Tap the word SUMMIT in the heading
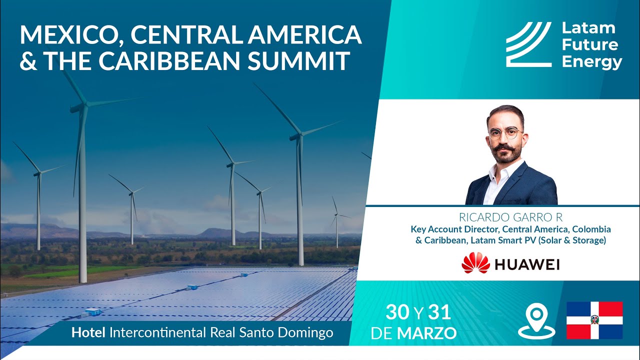click(299, 60)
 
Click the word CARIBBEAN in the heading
click(169, 60)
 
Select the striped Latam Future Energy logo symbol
click(529, 44)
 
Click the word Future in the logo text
click(589, 45)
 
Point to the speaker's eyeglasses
click(505, 133)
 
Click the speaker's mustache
click(504, 148)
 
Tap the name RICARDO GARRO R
click(510, 217)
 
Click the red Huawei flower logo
click(475, 262)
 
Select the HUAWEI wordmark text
click(527, 264)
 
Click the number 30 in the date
click(397, 312)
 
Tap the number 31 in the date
click(439, 312)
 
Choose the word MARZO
click(426, 333)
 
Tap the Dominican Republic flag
click(594, 320)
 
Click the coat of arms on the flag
click(594, 320)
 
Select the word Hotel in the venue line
click(88, 332)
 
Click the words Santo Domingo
click(286, 333)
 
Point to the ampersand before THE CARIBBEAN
click(28, 61)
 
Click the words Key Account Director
click(455, 229)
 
